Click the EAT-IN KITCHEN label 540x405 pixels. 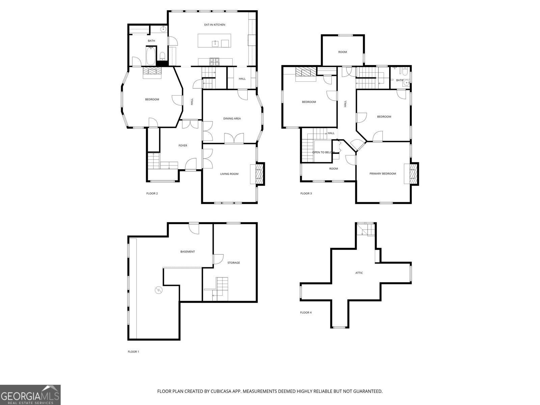pos(215,25)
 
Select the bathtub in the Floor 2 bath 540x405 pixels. pos(151,56)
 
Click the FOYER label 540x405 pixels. pos(183,145)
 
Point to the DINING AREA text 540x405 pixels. pos(232,118)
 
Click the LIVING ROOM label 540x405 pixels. pos(229,174)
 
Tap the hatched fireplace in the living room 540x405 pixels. pos(260,173)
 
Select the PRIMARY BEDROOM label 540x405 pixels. pos(383,173)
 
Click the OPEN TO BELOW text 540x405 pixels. pos(324,152)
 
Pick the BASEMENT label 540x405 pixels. pos(187,251)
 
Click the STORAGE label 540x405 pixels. pos(234,263)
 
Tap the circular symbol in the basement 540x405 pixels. pos(159,290)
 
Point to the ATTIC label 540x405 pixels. pos(359,273)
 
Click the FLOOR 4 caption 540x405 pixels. pos(306,313)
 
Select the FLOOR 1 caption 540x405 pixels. pos(133,352)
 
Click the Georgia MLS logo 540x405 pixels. pos(30,395)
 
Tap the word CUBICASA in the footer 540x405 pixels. pos(221,391)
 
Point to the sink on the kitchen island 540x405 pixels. pos(215,44)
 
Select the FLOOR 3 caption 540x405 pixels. pos(306,193)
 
